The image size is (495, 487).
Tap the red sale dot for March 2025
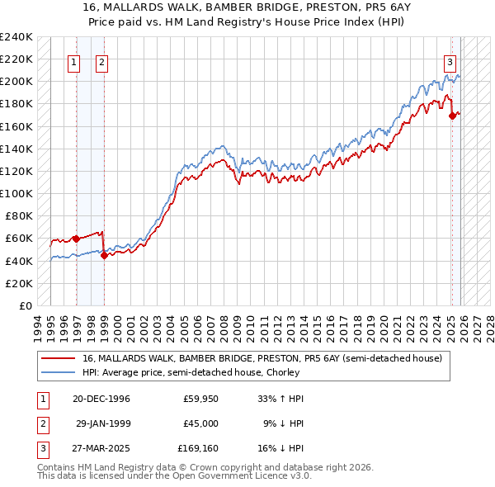[452, 116]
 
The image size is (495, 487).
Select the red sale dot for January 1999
[104, 255]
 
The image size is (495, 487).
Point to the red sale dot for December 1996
[76, 239]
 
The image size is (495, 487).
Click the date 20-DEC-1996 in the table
[96, 399]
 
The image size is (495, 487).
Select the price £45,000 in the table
[200, 423]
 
